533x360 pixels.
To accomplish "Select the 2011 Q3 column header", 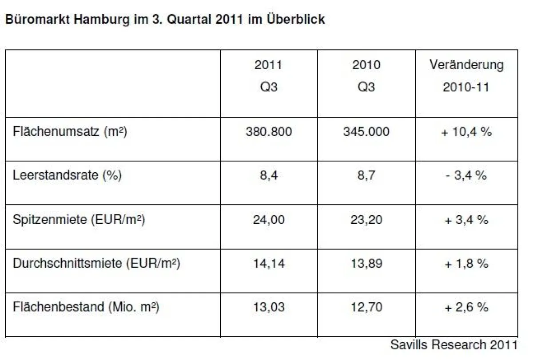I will point(268,75).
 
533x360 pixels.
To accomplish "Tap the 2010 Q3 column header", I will point(366,75).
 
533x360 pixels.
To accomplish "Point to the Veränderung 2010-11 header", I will point(466,75).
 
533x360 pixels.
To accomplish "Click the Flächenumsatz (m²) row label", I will point(70,132).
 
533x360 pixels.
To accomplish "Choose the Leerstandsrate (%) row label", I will point(67,175).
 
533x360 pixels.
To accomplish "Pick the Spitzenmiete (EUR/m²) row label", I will point(79,219).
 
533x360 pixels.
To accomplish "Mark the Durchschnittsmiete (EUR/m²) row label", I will point(96,263).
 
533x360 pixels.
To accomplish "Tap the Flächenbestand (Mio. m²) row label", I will point(86,307).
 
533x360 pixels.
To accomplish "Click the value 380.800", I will point(268,132).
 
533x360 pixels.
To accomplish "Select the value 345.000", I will point(366,132).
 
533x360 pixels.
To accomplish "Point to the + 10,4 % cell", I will point(466,132).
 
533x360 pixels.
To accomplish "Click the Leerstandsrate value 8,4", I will point(268,175).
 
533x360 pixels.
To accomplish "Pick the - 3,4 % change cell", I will point(466,175).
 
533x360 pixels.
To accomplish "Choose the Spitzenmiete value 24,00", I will point(268,219).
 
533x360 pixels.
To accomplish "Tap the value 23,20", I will point(366,219).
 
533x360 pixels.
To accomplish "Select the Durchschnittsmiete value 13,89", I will point(366,263).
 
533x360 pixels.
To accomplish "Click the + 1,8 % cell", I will point(466,263).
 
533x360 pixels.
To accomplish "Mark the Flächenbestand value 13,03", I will point(268,307).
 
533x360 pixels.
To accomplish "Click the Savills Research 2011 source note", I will point(453,344).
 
